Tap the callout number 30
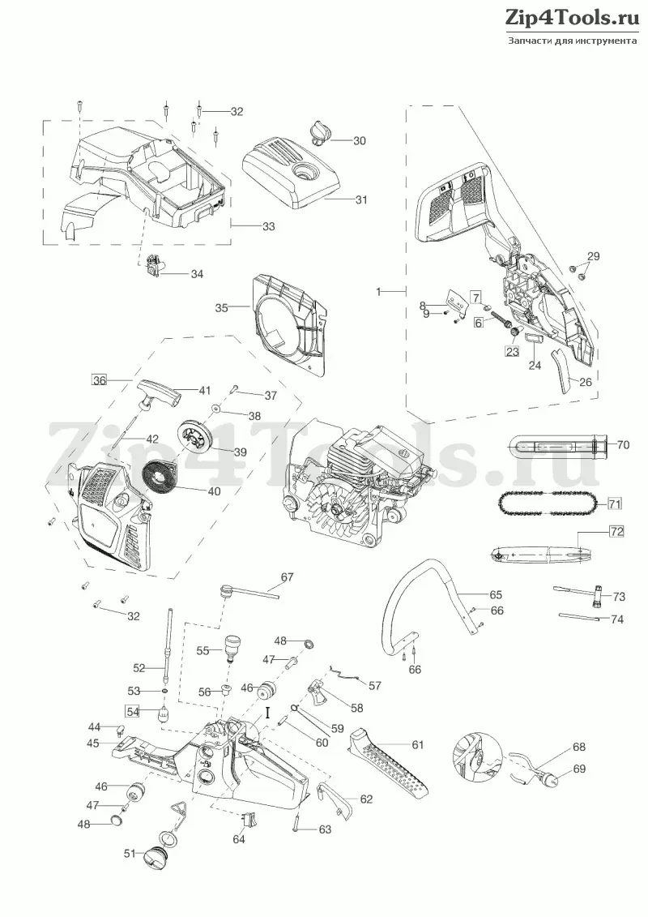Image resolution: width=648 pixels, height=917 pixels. pyautogui.click(x=360, y=141)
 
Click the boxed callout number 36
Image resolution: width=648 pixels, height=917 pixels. pyautogui.click(x=100, y=380)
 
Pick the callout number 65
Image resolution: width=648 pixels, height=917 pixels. pyautogui.click(x=496, y=595)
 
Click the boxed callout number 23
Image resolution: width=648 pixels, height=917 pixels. pyautogui.click(x=511, y=351)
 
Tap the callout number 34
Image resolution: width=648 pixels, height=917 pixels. pyautogui.click(x=197, y=274)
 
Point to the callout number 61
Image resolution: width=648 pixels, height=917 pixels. pyautogui.click(x=417, y=744)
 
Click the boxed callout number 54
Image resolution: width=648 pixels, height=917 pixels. pyautogui.click(x=133, y=712)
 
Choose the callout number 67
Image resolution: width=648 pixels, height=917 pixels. pyautogui.click(x=287, y=578)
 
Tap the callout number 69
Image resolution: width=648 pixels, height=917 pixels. pyautogui.click(x=579, y=769)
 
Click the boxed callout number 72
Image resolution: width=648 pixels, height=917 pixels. pyautogui.click(x=617, y=532)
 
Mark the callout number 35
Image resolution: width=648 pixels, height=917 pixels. pyautogui.click(x=221, y=307)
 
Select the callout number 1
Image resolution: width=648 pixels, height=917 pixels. pyautogui.click(x=378, y=290)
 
